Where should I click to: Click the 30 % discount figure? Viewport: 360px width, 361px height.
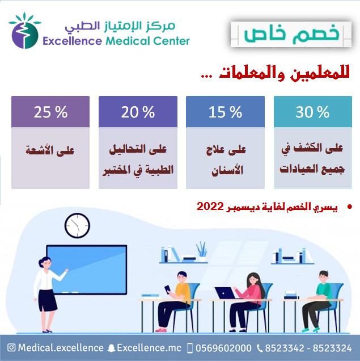click(312, 112)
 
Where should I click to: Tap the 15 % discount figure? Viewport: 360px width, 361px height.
click(225, 112)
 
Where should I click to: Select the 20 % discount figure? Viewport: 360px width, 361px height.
click(138, 112)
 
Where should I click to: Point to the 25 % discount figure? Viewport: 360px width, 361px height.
click(50, 112)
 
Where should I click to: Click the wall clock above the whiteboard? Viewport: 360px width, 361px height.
click(77, 226)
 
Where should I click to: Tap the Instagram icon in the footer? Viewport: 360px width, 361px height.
click(11, 347)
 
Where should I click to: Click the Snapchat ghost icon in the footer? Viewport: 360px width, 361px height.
click(112, 348)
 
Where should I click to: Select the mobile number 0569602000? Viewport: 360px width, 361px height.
click(223, 348)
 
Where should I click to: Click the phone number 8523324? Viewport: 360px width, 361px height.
click(332, 348)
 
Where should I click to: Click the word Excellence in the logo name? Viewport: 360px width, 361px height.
click(73, 41)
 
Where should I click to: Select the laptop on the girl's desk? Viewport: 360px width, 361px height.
click(226, 293)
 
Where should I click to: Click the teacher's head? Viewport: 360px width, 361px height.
click(45, 263)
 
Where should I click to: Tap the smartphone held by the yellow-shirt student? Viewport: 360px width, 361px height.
click(168, 289)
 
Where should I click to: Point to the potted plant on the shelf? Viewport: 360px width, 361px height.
click(202, 251)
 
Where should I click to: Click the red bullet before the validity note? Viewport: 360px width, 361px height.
click(350, 207)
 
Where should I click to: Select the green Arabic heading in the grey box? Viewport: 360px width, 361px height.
click(292, 34)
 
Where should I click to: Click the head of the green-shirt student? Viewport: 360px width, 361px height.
click(324, 277)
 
